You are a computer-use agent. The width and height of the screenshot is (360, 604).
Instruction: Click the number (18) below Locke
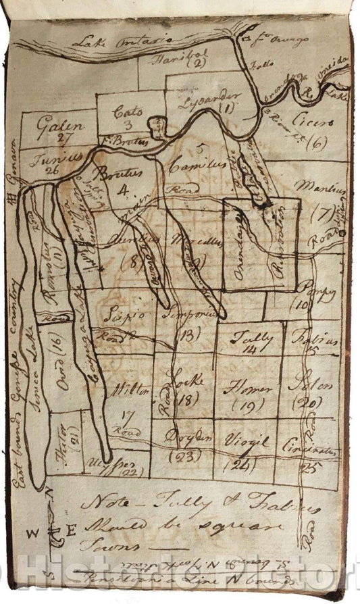(184, 399)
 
